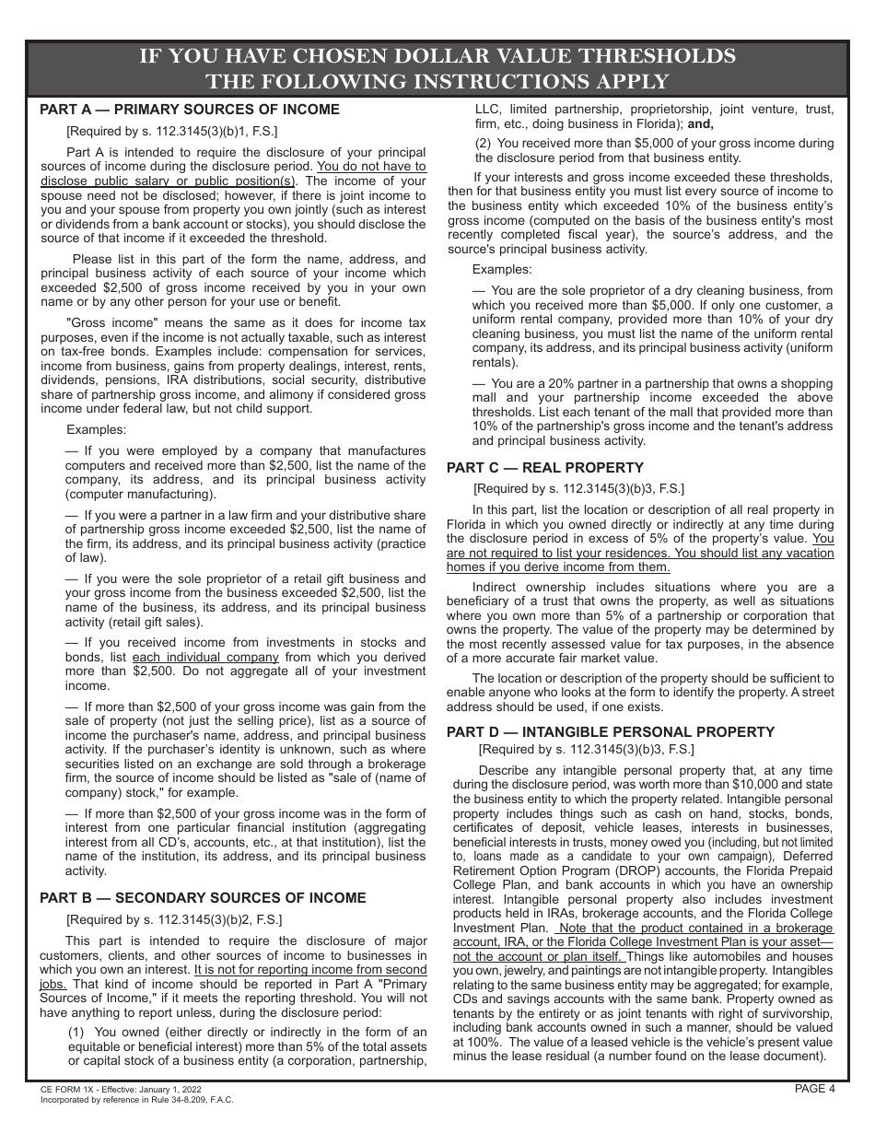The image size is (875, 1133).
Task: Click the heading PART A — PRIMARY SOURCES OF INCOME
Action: click(190, 110)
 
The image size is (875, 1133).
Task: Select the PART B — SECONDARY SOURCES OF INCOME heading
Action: click(203, 898)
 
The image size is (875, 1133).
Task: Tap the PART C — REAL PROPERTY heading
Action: click(545, 468)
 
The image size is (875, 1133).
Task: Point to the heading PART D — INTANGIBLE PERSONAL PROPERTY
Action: click(611, 732)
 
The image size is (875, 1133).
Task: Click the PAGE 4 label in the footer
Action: click(815, 1089)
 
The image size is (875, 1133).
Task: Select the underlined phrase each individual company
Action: click(205, 658)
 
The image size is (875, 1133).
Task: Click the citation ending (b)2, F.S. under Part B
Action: click(174, 919)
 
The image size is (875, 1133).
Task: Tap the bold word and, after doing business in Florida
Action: click(700, 123)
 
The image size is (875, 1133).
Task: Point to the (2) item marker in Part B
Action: click(484, 144)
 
